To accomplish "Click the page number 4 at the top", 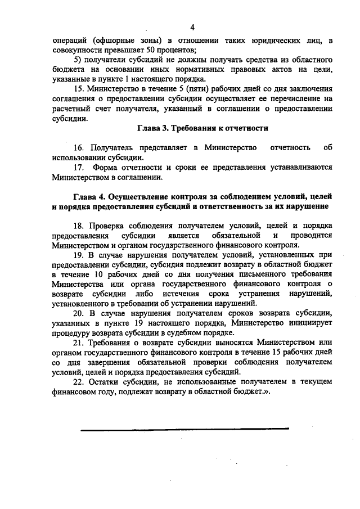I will pyautogui.click(x=192, y=28).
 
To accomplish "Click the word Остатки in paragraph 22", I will pyautogui.click(x=107, y=382).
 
